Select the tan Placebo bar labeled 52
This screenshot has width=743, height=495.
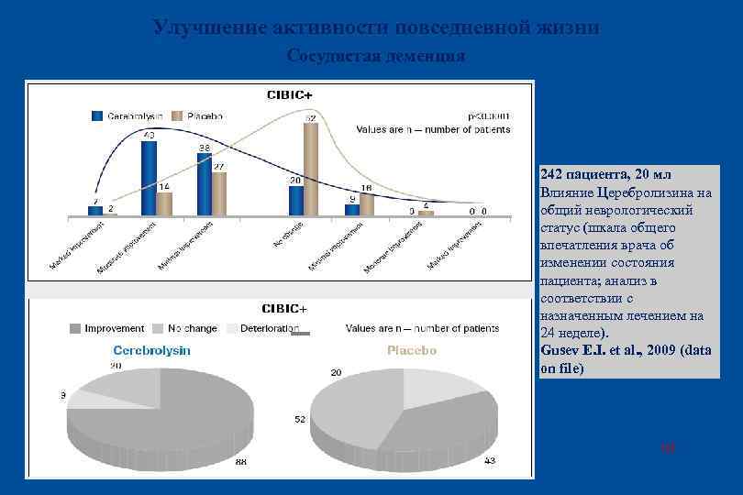coord(311,170)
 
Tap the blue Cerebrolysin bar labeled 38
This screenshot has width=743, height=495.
coord(204,184)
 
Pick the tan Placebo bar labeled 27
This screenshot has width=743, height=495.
coord(219,193)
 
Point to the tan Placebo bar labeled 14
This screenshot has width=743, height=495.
coord(164,204)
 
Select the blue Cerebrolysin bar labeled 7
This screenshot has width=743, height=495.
coord(95,210)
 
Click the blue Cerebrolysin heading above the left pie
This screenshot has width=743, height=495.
coord(151,350)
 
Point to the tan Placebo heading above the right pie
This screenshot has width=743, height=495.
coord(412,350)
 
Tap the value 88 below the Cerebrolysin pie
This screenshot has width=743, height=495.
coord(241,462)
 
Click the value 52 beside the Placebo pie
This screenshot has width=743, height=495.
coord(300,419)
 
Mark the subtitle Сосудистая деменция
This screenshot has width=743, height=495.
coord(375,56)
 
